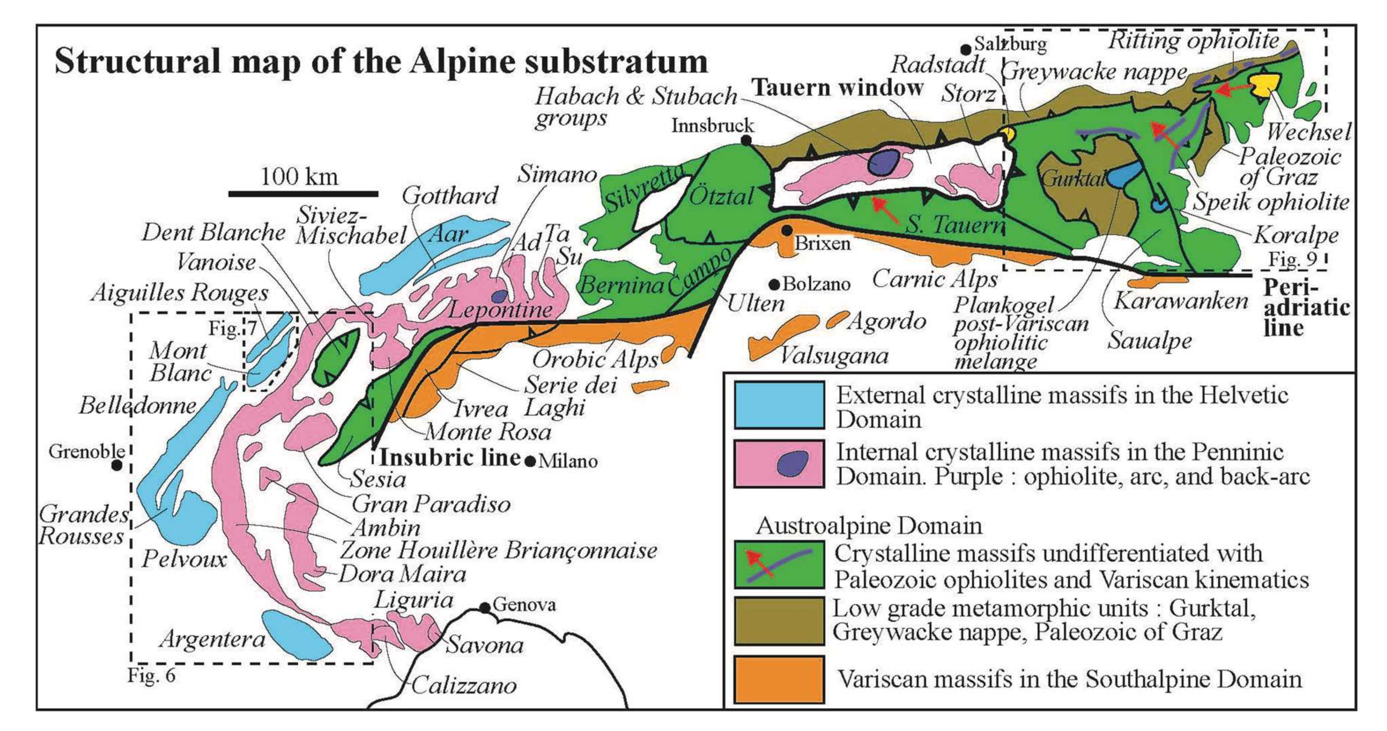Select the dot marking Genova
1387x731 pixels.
point(485,607)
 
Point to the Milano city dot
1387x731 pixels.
point(530,461)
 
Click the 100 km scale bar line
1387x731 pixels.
point(303,194)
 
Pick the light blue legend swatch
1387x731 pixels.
point(779,405)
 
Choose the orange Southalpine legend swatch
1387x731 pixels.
point(779,679)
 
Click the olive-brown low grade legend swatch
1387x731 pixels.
point(779,620)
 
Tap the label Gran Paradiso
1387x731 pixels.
point(431,504)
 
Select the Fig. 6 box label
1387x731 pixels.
point(151,676)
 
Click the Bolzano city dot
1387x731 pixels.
point(775,284)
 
